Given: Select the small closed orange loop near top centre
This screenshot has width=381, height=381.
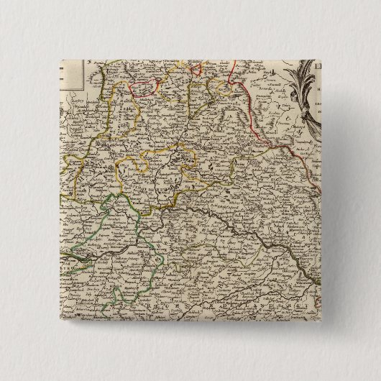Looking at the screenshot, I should point(194,68).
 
